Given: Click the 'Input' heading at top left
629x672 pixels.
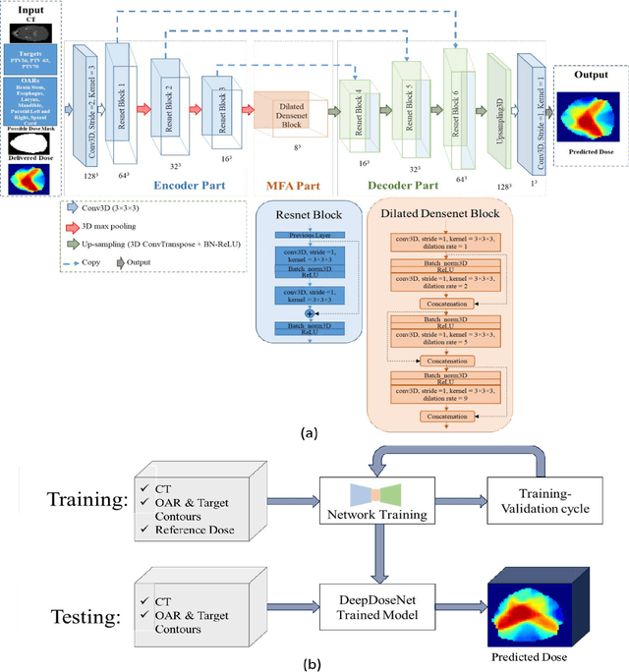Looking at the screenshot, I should pos(31,8).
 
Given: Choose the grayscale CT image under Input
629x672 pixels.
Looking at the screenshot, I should pos(31,29).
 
